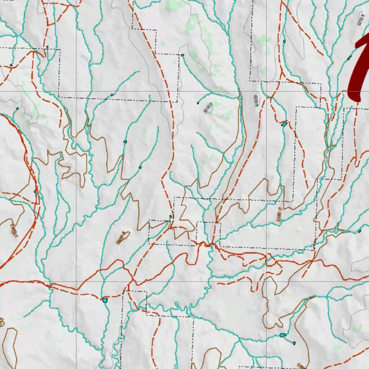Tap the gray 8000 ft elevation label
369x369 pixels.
(257, 100)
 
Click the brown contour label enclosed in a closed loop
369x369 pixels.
(123, 238)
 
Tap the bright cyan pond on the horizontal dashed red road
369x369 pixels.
(105, 299)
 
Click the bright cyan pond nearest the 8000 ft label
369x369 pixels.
(284, 124)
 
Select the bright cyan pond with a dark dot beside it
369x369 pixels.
(283, 335)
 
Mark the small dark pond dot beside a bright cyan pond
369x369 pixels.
(294, 343)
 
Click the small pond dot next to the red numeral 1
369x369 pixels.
(349, 58)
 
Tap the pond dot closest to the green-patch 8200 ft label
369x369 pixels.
(198, 103)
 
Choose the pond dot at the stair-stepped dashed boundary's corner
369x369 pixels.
(183, 55)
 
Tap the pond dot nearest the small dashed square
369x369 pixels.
(171, 217)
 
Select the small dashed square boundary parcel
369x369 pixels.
(208, 233)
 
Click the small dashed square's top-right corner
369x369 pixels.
(220, 223)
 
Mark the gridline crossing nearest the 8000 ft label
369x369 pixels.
(267, 92)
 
